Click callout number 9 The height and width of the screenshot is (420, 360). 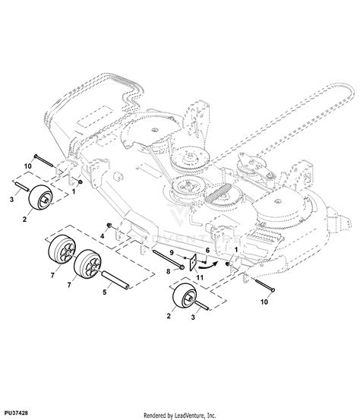coord(172,254)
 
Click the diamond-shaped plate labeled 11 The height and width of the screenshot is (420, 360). coord(197,263)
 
